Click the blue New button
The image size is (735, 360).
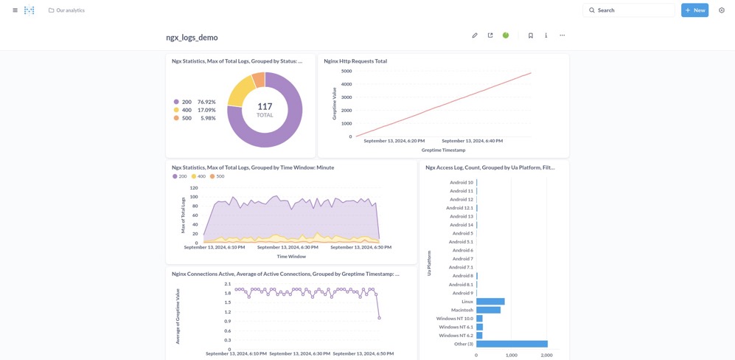click(694, 10)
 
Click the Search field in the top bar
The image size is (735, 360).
click(628, 10)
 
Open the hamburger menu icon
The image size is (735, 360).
click(15, 10)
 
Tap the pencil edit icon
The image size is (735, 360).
click(475, 35)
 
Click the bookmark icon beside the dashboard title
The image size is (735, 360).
click(530, 35)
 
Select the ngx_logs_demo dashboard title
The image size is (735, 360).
click(192, 38)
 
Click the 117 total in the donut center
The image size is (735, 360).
click(265, 107)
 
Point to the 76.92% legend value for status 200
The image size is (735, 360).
click(206, 102)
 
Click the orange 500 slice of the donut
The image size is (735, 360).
click(259, 80)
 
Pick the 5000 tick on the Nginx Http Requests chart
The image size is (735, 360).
click(346, 72)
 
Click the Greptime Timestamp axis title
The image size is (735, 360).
click(443, 150)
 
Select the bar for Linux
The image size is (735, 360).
click(490, 302)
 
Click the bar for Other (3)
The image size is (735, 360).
click(512, 344)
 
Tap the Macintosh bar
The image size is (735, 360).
click(488, 310)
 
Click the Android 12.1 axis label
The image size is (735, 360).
click(459, 208)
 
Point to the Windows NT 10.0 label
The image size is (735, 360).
click(454, 319)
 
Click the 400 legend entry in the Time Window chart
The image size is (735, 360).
click(198, 176)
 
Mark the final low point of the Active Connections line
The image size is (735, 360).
click(380, 318)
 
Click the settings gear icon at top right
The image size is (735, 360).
click(722, 10)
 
